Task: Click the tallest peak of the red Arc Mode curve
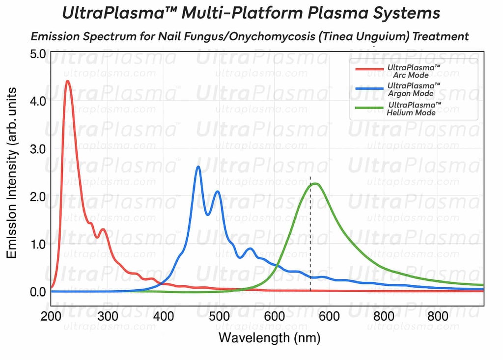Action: [68, 82]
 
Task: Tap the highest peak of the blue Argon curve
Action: [198, 167]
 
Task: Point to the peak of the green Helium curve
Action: [315, 184]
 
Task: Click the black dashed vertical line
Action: [310, 231]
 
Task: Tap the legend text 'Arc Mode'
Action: [411, 75]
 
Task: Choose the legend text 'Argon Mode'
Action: [414, 93]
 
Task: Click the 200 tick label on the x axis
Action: [51, 316]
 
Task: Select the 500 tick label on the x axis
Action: [219, 316]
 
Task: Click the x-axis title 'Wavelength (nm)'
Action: [269, 337]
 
